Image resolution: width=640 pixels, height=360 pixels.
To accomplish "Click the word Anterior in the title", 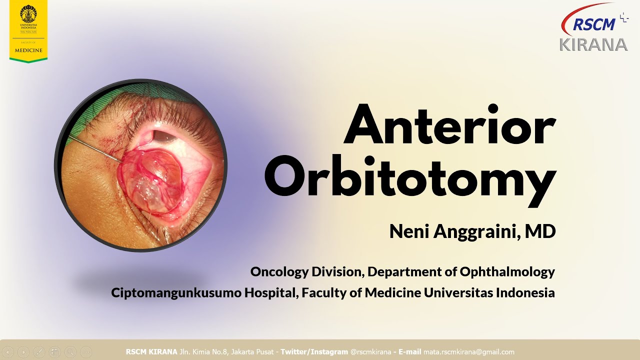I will point(449,123).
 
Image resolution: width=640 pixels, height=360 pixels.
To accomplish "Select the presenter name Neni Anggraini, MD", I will point(472,231).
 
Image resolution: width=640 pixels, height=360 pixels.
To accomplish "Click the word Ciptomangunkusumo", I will point(176,292).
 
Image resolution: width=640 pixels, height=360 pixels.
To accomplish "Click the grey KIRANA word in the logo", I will point(593,44).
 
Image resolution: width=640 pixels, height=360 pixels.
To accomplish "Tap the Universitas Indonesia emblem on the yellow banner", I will point(28,13).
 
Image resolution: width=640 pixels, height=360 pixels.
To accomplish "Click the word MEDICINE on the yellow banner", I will point(28,50).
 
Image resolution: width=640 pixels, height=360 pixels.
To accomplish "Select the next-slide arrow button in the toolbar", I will point(23,352).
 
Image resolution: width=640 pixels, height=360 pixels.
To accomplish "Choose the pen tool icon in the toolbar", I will point(39,352).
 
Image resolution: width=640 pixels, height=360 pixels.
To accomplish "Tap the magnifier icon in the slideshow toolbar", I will point(70,352).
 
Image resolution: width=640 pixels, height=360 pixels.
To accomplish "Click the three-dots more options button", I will point(86,352).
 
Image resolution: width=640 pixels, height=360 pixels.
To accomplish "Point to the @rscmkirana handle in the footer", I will point(370,352).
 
